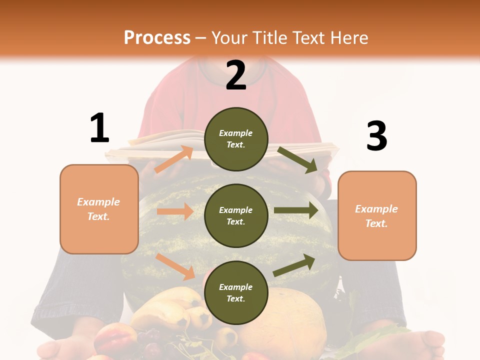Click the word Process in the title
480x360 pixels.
(x=157, y=37)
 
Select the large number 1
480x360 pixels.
(x=99, y=128)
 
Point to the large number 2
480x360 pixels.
(x=236, y=75)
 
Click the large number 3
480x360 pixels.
(x=376, y=136)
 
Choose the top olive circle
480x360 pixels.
(x=236, y=139)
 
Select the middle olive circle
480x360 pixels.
(x=236, y=215)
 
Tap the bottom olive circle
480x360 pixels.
(x=236, y=292)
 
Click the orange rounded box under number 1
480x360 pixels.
(x=99, y=209)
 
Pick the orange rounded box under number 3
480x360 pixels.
(x=377, y=215)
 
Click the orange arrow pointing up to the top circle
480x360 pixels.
(x=173, y=159)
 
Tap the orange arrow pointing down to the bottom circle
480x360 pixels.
(x=175, y=266)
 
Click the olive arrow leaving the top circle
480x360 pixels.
(x=297, y=159)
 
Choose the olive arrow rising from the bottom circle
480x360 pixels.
(x=294, y=265)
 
